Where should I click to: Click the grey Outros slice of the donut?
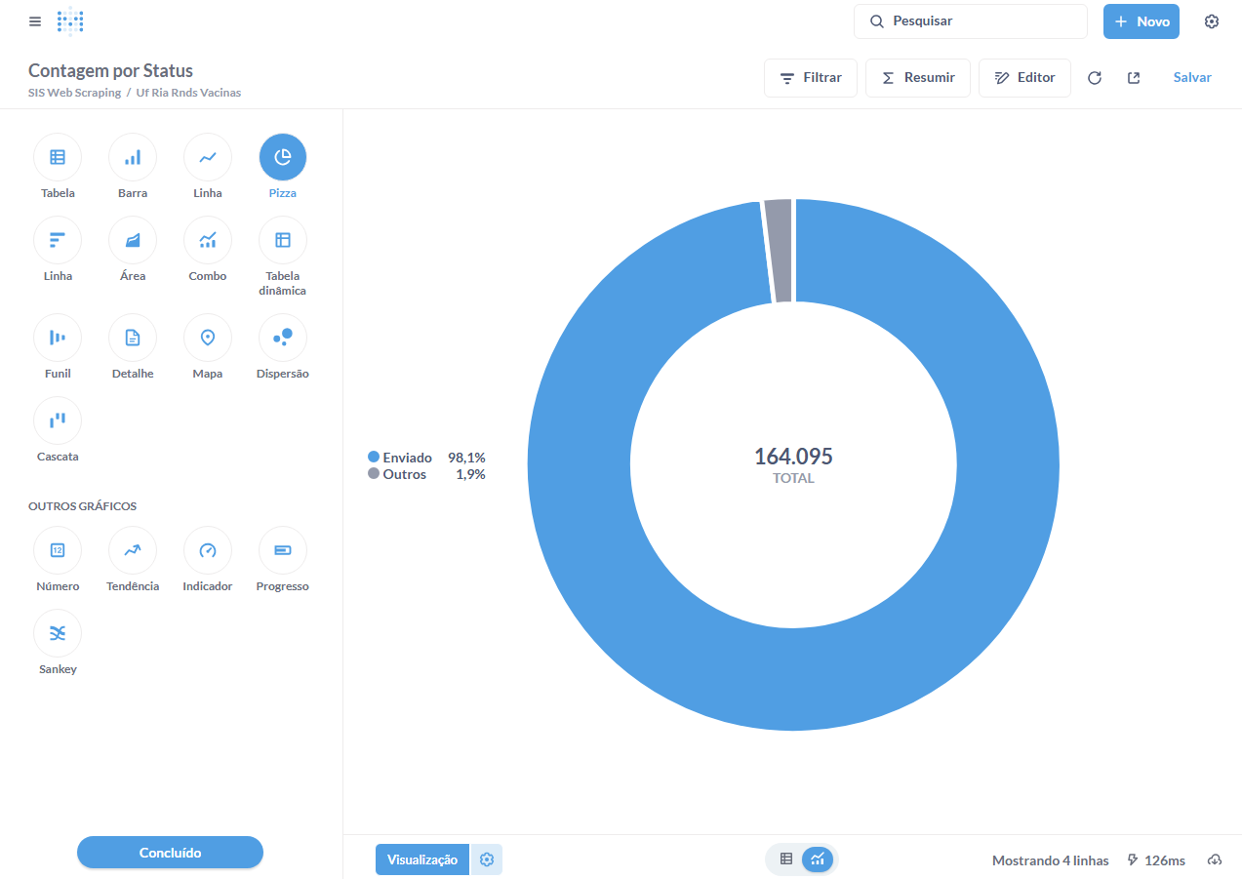coord(778,251)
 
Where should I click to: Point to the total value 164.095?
coord(793,457)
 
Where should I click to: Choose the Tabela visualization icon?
coord(58,157)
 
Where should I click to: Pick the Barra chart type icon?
coord(133,157)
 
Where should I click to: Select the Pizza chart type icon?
coord(283,157)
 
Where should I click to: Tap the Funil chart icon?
coord(58,338)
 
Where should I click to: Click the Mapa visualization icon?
coord(208,338)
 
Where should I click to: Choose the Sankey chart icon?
coord(58,633)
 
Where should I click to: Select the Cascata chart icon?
coord(58,420)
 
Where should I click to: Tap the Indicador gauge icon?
coord(208,550)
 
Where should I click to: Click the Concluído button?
coord(170,853)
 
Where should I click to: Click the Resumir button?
coord(918,78)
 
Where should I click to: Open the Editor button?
coord(1024,78)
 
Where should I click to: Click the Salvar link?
coord(1192,78)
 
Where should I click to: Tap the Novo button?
coord(1142,21)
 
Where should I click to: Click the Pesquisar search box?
coord(971,21)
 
